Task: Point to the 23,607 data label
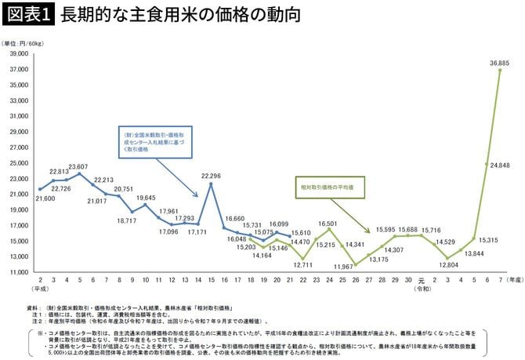pos(78,166)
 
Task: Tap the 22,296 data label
pos(211,176)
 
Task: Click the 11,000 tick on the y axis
pos(18,271)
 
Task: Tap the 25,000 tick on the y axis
pos(18,162)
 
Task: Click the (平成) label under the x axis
pos(39,288)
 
